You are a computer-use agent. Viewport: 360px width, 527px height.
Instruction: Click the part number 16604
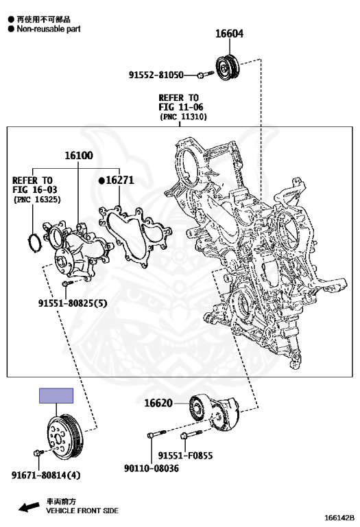pos(229,34)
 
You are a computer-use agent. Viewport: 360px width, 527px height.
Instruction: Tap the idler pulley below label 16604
pos(228,67)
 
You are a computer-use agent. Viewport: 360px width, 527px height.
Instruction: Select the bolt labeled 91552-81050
pos(205,74)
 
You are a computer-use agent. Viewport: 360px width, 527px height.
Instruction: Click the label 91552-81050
pos(156,75)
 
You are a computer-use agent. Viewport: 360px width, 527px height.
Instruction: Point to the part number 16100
pos(79,155)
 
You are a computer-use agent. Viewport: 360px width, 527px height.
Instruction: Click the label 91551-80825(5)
pos(73,303)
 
